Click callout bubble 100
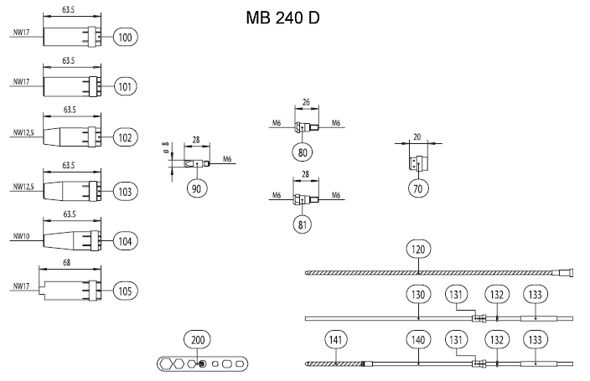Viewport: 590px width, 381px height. pyautogui.click(x=126, y=37)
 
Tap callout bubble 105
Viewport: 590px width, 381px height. pyautogui.click(x=126, y=291)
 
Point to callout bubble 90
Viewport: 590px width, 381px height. pyautogui.click(x=198, y=188)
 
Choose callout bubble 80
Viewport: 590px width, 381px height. pyautogui.click(x=303, y=152)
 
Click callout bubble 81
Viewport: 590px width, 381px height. pyautogui.click(x=303, y=224)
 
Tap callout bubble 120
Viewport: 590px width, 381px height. pyautogui.click(x=418, y=249)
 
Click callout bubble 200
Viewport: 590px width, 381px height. pyautogui.click(x=199, y=339)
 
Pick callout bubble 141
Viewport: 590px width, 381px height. pyautogui.click(x=335, y=339)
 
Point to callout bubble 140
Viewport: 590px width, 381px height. pyautogui.click(x=418, y=339)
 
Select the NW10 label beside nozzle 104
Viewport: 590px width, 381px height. pyautogui.click(x=21, y=237)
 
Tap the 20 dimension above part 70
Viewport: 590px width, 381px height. pyautogui.click(x=417, y=135)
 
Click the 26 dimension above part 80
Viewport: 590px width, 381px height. pyautogui.click(x=304, y=102)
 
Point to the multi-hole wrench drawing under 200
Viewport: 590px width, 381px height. pyautogui.click(x=202, y=364)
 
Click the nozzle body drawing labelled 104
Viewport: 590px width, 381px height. pyautogui.click(x=71, y=241)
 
